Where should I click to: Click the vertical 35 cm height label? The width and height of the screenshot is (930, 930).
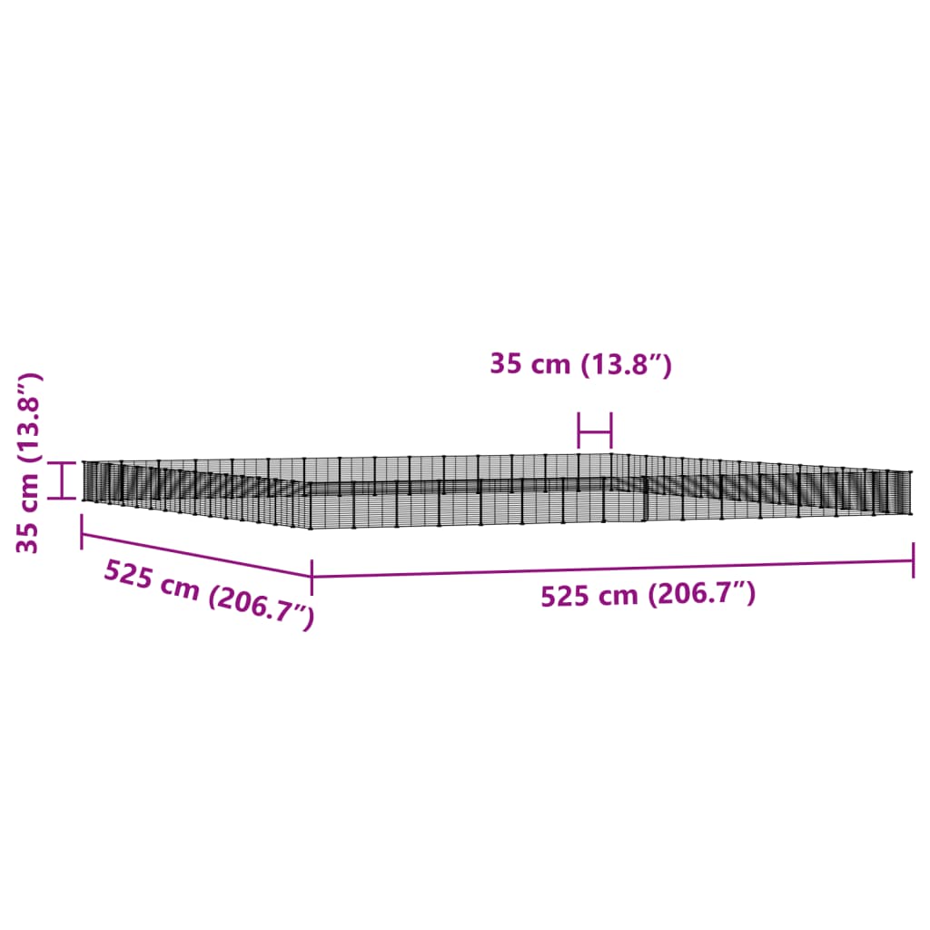coord(28,463)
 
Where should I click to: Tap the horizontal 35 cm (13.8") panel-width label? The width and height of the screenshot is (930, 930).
coord(580,363)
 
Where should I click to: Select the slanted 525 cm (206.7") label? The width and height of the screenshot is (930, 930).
coord(209,594)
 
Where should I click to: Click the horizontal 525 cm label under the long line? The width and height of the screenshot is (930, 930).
coord(648,594)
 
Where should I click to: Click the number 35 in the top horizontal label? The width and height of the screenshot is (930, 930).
coord(506,363)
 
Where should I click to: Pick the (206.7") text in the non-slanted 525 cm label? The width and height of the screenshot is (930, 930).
coord(702,594)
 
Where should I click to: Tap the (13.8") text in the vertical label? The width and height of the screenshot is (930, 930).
coord(28,418)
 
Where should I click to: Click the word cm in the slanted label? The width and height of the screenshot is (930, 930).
coord(179,587)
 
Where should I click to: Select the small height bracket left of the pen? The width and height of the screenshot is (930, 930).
coord(63,480)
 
